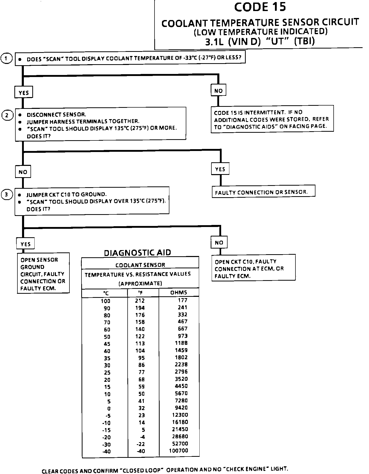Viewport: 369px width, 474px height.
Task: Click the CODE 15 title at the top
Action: pyautogui.click(x=260, y=7)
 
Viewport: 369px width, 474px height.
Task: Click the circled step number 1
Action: pyautogui.click(x=7, y=59)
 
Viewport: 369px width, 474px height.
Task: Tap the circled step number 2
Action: pyautogui.click(x=7, y=115)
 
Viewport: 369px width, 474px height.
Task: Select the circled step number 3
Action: pyautogui.click(x=7, y=195)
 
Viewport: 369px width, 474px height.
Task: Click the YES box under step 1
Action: pyautogui.click(x=24, y=93)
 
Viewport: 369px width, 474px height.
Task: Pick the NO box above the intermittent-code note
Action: pyautogui.click(x=218, y=91)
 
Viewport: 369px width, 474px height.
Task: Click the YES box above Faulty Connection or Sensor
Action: pyautogui.click(x=220, y=169)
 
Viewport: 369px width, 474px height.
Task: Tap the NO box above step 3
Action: pyautogui.click(x=23, y=172)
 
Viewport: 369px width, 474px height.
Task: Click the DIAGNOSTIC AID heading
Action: pyautogui.click(x=137, y=253)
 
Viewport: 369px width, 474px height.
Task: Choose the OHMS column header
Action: pyautogui.click(x=179, y=292)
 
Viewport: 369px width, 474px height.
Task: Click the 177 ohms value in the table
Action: pyautogui.click(x=183, y=300)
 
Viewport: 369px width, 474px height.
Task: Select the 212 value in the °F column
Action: pyautogui.click(x=140, y=301)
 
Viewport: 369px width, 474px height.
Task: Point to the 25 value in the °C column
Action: pyautogui.click(x=107, y=373)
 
